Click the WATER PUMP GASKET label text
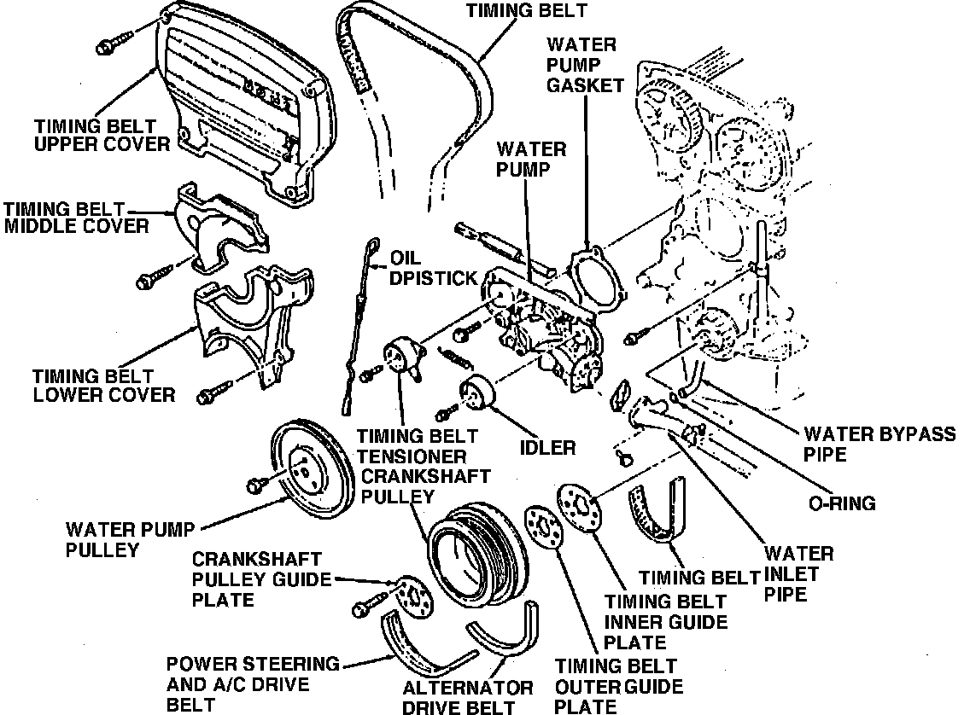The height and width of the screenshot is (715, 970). point(586,63)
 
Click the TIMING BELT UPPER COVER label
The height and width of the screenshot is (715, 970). point(102,135)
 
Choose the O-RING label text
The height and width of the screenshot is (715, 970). point(842,503)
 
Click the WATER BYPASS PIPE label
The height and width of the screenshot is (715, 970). point(879,443)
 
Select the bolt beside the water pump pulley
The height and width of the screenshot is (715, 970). point(258,484)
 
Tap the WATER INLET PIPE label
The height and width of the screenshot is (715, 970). point(798,573)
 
